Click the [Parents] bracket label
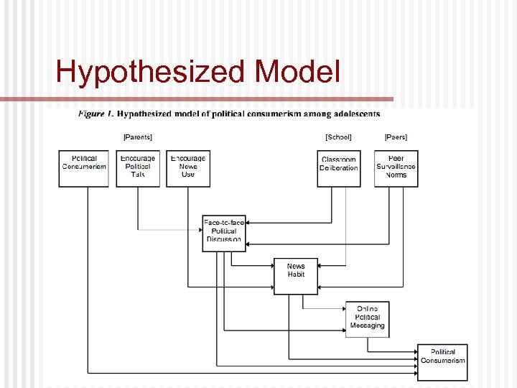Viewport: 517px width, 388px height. coord(138,137)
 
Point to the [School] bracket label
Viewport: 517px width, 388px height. coord(338,137)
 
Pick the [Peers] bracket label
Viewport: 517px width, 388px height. coord(396,137)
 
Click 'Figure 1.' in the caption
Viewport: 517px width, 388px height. coord(95,114)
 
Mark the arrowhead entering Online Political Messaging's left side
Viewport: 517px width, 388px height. coord(343,308)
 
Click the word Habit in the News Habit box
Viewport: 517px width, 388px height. coord(296,274)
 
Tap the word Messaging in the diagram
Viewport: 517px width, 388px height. coord(368,325)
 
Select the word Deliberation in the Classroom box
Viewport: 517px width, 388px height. coord(339,168)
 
